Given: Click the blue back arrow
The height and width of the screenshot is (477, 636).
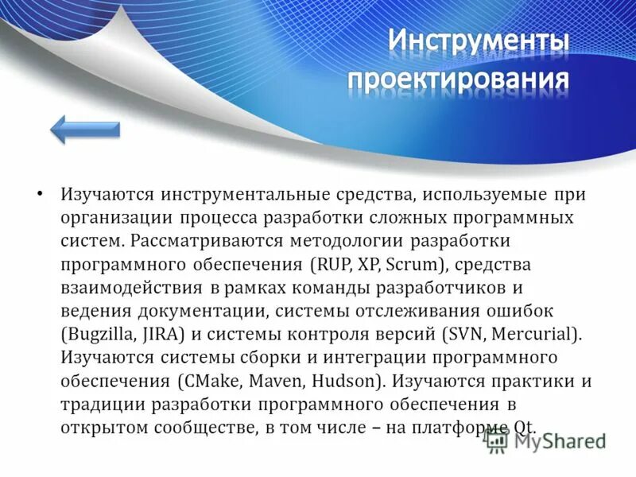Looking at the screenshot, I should tap(85, 128).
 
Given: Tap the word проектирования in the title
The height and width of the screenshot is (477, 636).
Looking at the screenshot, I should tap(458, 80).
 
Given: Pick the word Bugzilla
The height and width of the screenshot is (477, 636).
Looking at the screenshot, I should tap(99, 333).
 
